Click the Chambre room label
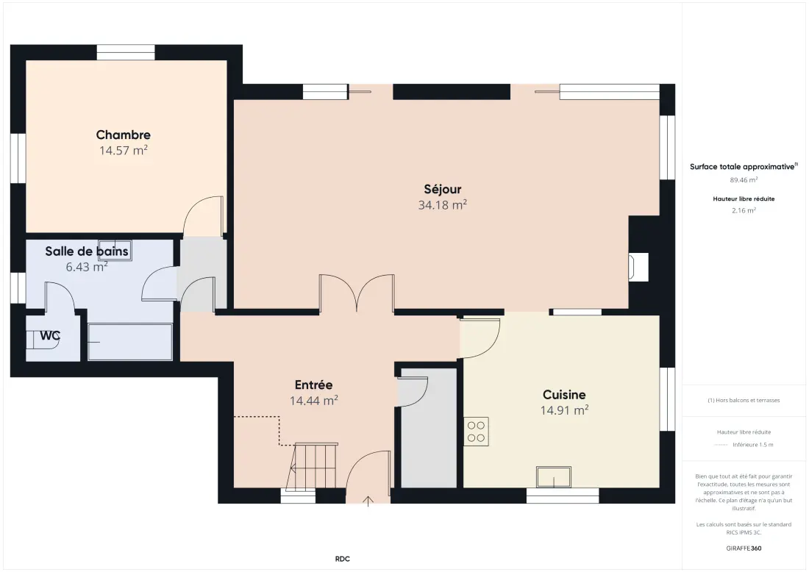[124, 135]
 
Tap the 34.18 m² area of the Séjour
[442, 205]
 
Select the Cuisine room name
[564, 395]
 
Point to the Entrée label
[313, 385]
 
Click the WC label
[50, 336]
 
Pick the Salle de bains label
[87, 251]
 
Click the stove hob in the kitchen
[477, 432]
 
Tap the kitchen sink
[554, 477]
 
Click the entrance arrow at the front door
[368, 501]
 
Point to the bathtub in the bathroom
[129, 342]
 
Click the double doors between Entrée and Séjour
[357, 293]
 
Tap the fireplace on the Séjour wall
[638, 267]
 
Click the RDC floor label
[343, 559]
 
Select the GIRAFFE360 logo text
[744, 548]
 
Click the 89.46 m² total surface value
[744, 180]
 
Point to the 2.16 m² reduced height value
[744, 210]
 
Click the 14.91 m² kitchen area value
[564, 410]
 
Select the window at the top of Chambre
[126, 53]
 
